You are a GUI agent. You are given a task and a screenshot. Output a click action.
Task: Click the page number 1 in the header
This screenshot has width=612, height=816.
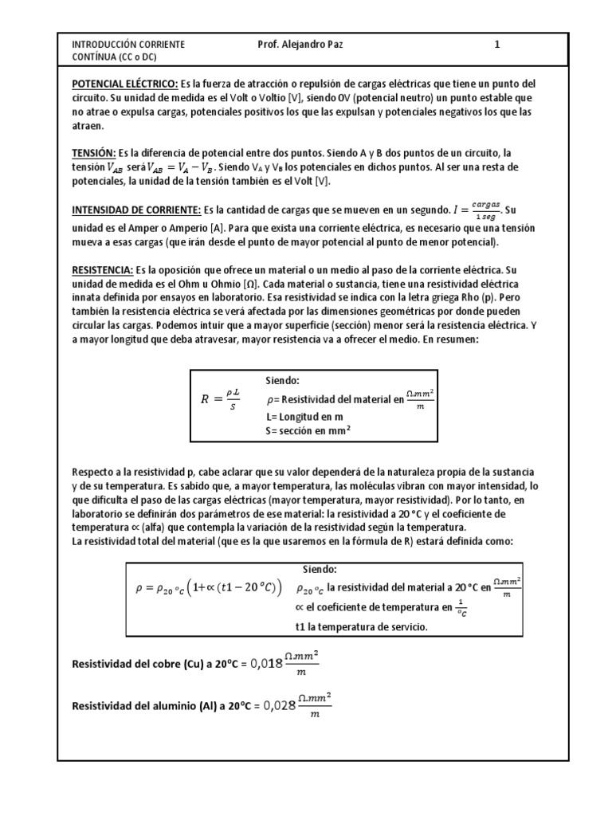(x=497, y=45)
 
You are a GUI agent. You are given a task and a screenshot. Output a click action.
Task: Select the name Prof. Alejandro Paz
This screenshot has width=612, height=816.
(x=302, y=45)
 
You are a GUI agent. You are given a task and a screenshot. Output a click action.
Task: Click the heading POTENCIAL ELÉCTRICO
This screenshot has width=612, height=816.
(x=124, y=84)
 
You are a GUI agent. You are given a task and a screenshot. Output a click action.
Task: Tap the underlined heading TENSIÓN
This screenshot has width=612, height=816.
(x=94, y=153)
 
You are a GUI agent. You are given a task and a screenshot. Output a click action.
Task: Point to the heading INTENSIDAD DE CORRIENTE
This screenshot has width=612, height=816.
(x=136, y=210)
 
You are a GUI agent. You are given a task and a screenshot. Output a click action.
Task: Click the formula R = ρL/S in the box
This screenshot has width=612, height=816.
(x=221, y=399)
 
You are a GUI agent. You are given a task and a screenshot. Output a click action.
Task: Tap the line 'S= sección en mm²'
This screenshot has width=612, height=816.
(x=308, y=431)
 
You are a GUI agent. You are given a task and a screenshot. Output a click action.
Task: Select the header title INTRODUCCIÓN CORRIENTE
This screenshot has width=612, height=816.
(x=128, y=45)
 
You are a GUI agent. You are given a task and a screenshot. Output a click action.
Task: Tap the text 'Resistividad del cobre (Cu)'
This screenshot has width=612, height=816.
(x=138, y=664)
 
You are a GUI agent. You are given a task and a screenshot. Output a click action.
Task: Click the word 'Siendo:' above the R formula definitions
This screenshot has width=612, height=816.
(x=282, y=381)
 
